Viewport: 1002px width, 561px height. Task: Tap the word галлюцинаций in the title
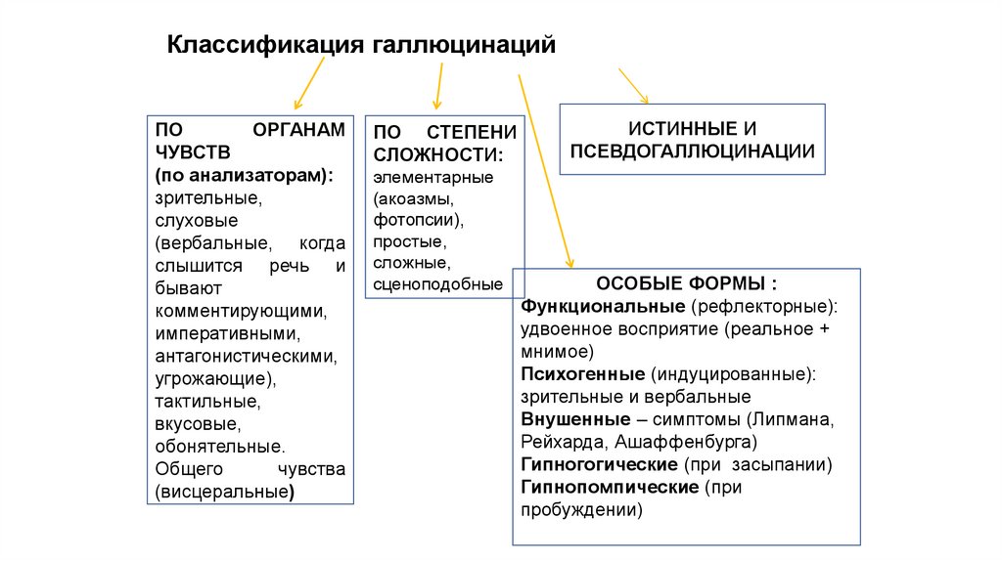(463, 45)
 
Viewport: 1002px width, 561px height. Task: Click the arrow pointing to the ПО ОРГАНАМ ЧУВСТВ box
(309, 84)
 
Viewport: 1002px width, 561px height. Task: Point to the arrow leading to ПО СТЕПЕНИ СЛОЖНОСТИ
(439, 86)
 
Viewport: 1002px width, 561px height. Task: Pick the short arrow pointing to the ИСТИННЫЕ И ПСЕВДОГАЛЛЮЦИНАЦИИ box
(633, 86)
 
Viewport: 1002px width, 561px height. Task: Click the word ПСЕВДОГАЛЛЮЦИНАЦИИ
(692, 151)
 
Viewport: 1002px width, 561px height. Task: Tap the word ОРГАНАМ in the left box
(298, 130)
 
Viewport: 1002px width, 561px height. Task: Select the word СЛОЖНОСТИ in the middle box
(437, 154)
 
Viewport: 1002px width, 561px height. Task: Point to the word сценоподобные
(437, 284)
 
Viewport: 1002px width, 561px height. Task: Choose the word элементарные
(433, 177)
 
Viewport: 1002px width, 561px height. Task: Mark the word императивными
(227, 334)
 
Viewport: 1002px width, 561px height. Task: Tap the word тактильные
(207, 402)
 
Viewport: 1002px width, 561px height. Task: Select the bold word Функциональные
(603, 306)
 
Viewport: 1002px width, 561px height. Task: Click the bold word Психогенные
(583, 374)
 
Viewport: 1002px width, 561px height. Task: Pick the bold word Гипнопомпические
(610, 487)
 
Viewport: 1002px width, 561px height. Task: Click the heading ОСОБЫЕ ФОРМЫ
(686, 283)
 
